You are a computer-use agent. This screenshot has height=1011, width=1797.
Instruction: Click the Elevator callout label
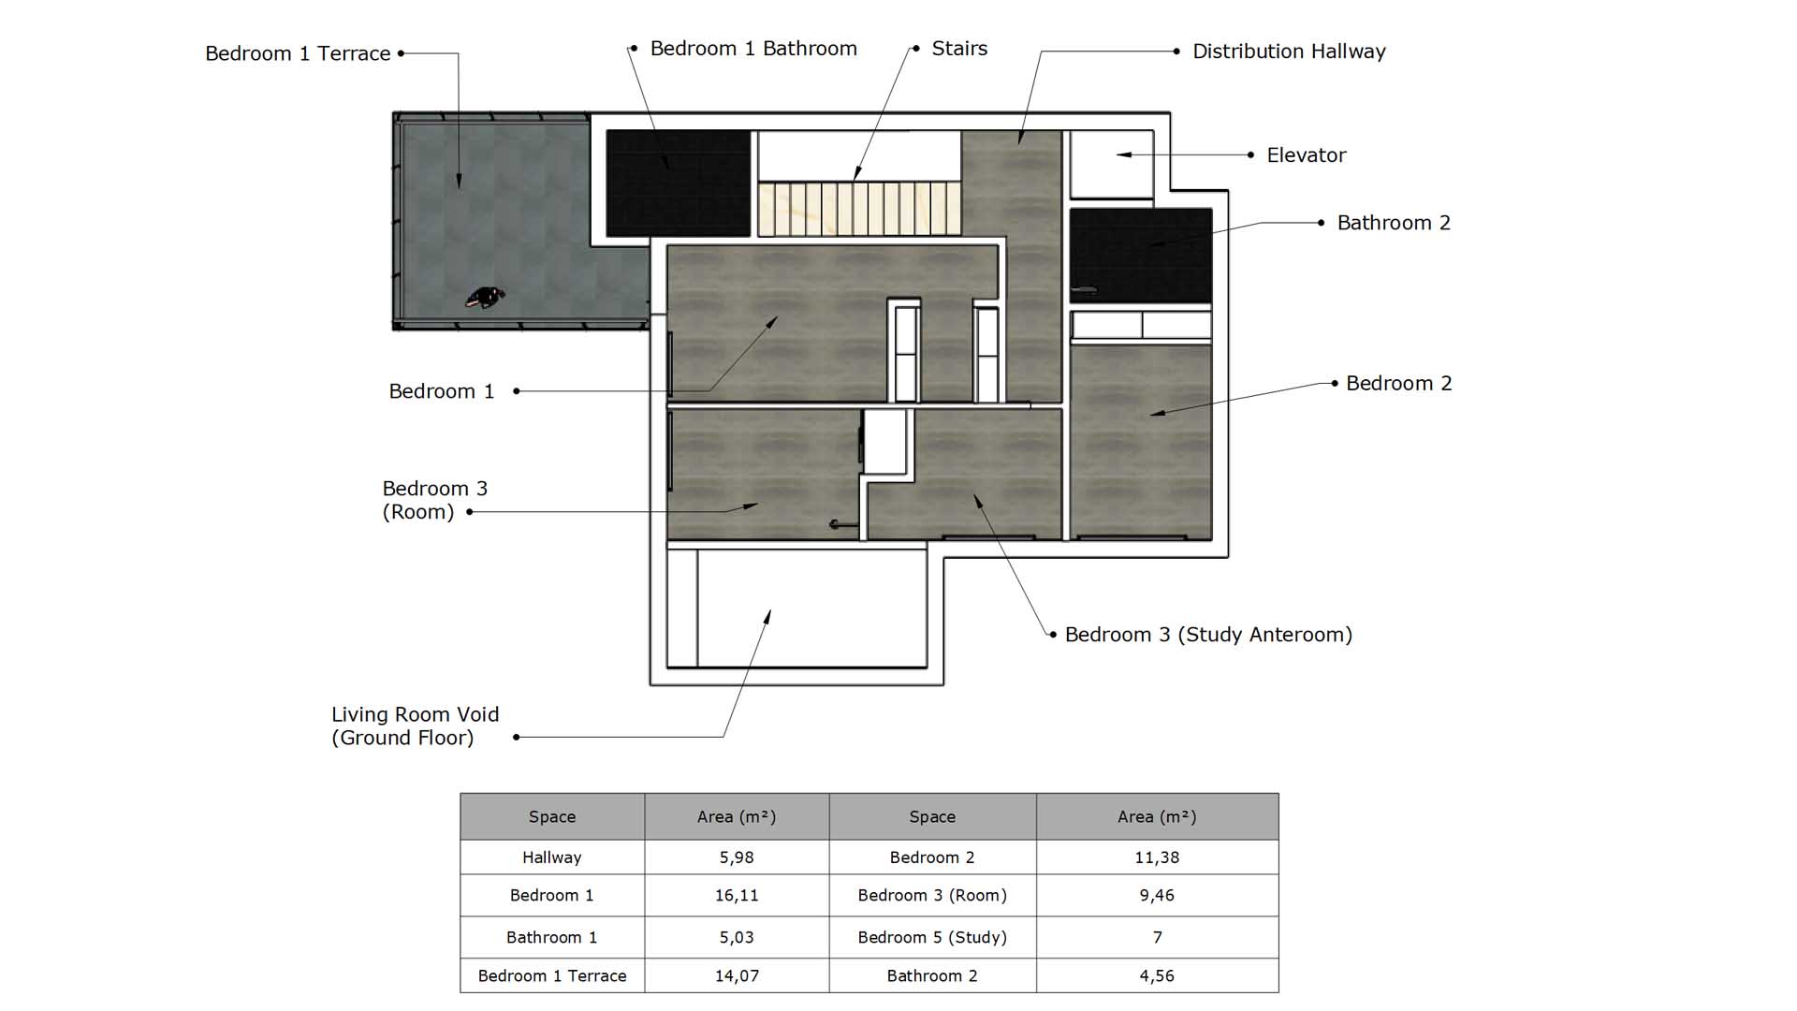point(1306,155)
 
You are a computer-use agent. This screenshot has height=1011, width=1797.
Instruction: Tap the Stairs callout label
point(959,49)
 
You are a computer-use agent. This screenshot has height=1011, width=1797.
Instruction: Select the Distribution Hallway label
point(1289,51)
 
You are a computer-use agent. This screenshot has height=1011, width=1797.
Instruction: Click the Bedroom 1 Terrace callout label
point(298,53)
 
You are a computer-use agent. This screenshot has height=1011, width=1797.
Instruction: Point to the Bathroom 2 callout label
point(1394,223)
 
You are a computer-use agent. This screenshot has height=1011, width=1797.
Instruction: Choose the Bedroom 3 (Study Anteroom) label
point(1208,635)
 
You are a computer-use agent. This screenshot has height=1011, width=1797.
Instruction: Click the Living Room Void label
point(416,725)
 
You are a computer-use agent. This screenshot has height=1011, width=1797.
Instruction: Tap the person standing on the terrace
point(485,298)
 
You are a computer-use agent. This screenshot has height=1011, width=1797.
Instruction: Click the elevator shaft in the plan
point(1111,164)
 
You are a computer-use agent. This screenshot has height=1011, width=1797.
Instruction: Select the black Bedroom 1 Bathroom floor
point(679,183)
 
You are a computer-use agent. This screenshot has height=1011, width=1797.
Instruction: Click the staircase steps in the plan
point(859,209)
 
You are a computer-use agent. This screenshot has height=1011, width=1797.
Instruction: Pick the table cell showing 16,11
point(737,896)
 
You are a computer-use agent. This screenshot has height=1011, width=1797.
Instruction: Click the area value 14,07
point(737,975)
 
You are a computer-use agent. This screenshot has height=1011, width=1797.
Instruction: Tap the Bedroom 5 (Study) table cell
point(932,937)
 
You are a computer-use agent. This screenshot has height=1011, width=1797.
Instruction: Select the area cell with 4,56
point(1157,975)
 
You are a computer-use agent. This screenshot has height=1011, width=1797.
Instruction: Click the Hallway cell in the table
point(552,857)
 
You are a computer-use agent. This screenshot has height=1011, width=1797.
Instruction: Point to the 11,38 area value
point(1157,857)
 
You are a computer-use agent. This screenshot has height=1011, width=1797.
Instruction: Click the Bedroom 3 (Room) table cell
point(932,896)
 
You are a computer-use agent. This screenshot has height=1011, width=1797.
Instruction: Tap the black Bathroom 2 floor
point(1141,256)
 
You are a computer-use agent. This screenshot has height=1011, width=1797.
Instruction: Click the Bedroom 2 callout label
point(1398,384)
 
